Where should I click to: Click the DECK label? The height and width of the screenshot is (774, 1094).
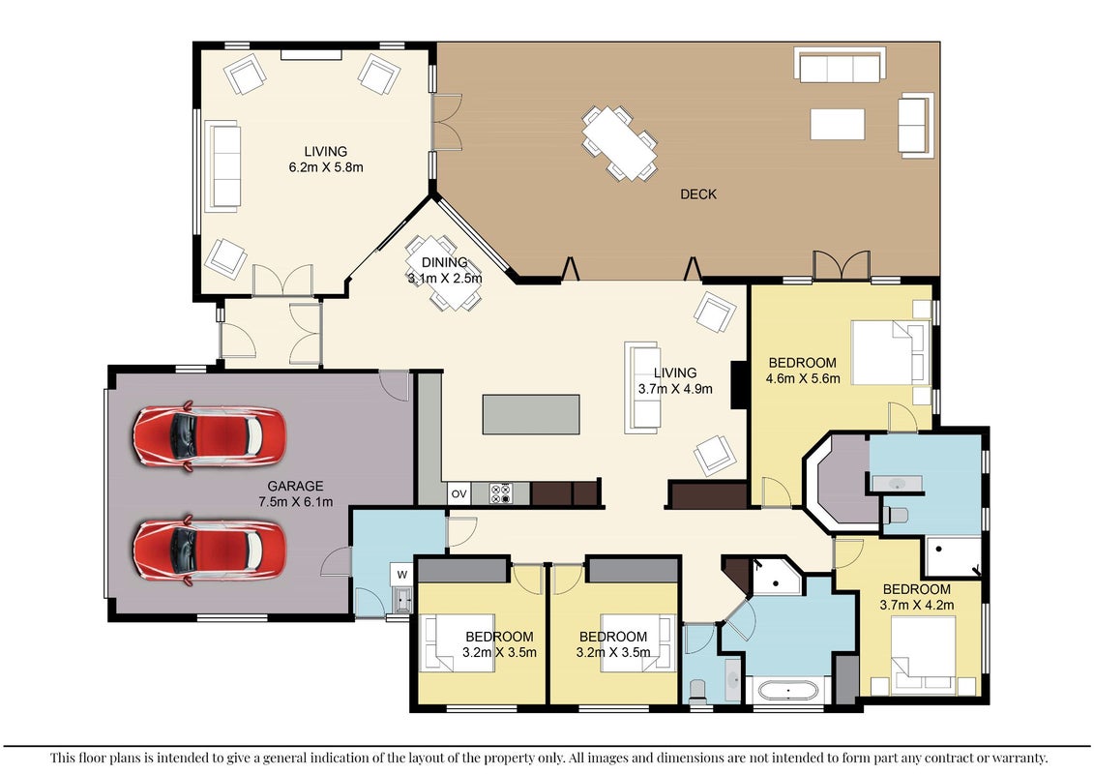tap(698, 194)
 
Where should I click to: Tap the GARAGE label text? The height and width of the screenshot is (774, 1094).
tap(295, 486)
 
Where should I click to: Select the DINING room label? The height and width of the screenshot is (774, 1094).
tap(444, 262)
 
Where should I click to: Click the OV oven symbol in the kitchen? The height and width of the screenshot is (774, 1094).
tap(458, 494)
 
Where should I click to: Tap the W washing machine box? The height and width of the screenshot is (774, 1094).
tap(401, 575)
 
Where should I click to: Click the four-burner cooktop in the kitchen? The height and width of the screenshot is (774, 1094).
tap(501, 493)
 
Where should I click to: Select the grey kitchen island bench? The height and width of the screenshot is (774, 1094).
tap(531, 414)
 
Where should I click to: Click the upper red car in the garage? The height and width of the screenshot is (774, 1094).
tap(209, 437)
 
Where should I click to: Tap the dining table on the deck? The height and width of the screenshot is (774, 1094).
tap(620, 143)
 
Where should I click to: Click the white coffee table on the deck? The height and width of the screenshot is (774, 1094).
tap(838, 124)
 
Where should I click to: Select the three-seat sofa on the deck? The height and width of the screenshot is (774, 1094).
tap(840, 65)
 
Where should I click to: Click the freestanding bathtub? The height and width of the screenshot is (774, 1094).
tap(788, 691)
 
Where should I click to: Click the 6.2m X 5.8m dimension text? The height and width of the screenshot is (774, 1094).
tap(326, 167)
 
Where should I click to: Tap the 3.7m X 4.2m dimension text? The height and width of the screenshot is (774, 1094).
tap(917, 605)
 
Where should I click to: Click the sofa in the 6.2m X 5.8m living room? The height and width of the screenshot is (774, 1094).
tap(222, 166)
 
